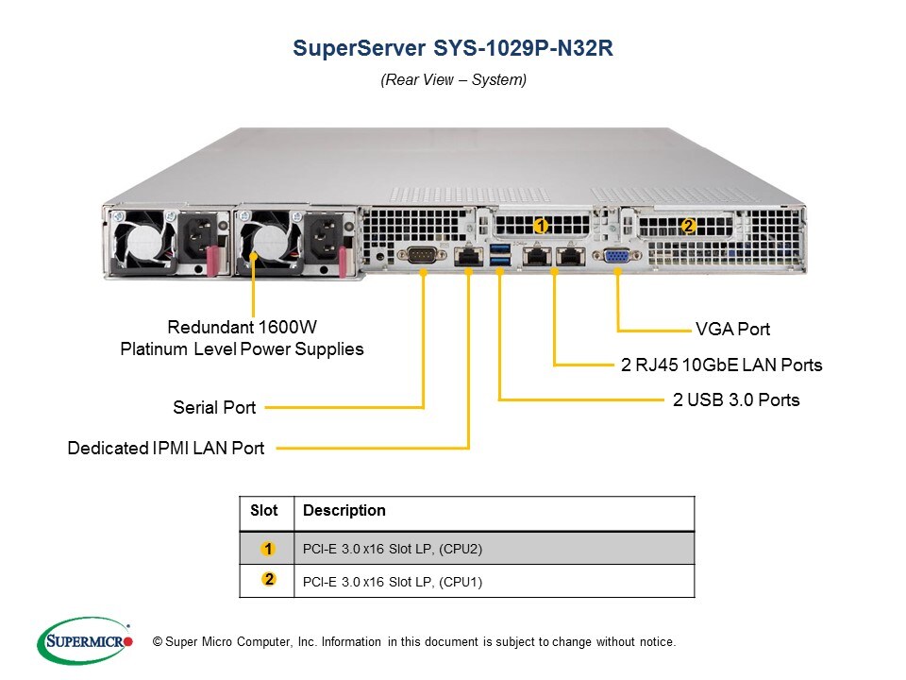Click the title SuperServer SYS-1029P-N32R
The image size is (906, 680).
tap(453, 49)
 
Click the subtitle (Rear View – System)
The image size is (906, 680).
tap(453, 80)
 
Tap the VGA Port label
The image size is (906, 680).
tap(732, 330)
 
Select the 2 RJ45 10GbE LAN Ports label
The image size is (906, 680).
tap(721, 365)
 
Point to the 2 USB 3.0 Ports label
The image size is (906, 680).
tap(736, 400)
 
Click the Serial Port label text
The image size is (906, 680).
tap(214, 408)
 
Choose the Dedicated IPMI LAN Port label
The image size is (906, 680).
tap(166, 449)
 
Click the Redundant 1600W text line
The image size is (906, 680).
tap(242, 328)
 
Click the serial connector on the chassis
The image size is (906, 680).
tap(422, 255)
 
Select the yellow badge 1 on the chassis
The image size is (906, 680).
tap(541, 226)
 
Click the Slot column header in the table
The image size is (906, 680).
tap(264, 511)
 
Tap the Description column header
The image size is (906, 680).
tap(344, 511)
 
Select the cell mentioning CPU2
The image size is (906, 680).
tap(393, 549)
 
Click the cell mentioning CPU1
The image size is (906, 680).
tap(393, 582)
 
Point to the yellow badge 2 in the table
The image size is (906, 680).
tap(268, 580)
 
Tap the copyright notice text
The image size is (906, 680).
tap(413, 642)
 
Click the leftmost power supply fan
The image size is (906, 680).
tap(140, 243)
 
